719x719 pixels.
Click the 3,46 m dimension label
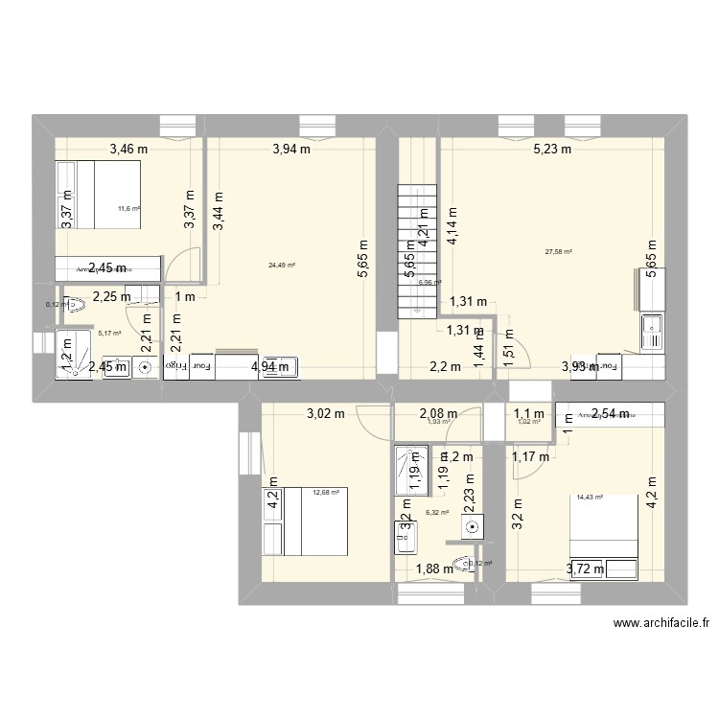[129, 149]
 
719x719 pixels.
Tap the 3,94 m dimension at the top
[291, 149]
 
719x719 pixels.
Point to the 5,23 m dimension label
[551, 149]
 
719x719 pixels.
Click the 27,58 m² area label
[558, 251]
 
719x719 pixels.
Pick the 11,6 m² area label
[128, 208]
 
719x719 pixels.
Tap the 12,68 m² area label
[326, 494]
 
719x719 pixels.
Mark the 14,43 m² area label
[591, 497]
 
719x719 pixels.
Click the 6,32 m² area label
[437, 513]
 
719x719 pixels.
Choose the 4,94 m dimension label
[269, 366]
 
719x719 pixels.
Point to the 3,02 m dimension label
[326, 414]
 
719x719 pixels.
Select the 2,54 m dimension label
[610, 414]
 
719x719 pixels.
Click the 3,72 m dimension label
[586, 569]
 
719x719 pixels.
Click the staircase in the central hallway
[417, 249]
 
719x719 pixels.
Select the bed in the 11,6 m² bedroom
[99, 195]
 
